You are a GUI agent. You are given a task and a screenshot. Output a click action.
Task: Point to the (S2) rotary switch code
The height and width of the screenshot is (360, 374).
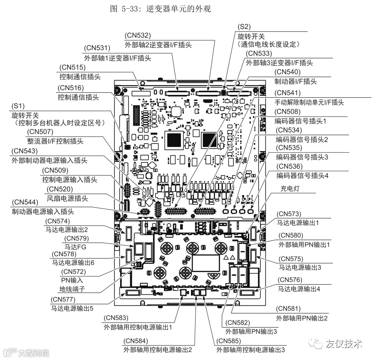pos(244,27)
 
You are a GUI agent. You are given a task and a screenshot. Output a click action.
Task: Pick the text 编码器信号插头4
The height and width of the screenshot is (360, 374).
pos(303,176)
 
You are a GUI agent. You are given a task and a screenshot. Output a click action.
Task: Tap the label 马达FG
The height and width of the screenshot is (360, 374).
pos(74,247)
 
